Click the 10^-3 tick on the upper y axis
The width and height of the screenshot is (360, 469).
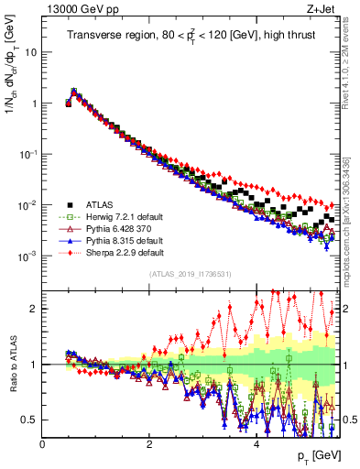(27, 256)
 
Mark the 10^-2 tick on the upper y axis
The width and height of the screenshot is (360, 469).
(27, 205)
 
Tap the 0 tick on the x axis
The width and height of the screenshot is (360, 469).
(42, 443)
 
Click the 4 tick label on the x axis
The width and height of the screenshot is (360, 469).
(256, 443)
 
